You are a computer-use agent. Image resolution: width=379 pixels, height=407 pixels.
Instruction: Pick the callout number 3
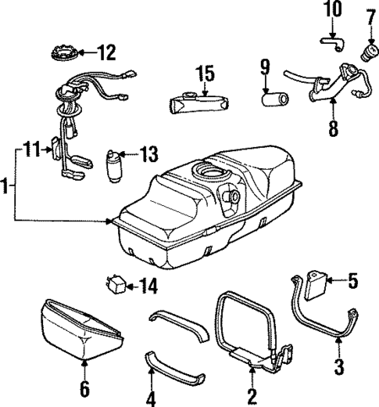(338, 364)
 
